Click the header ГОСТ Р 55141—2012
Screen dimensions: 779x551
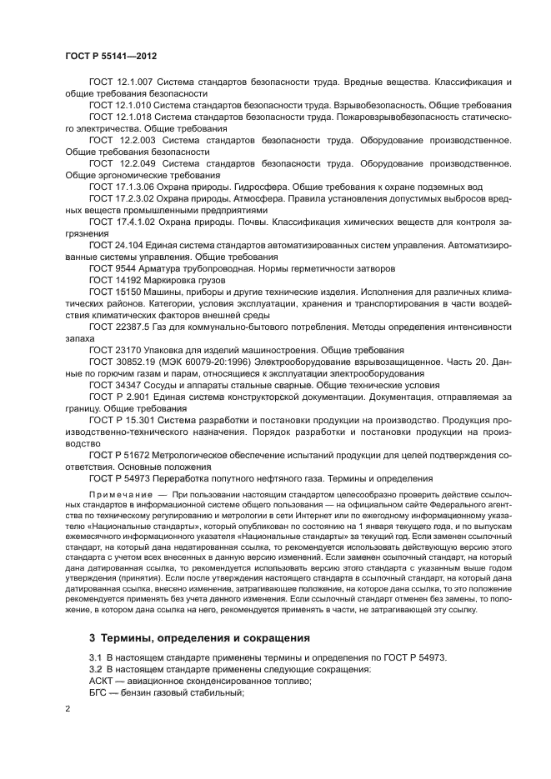tap(111, 56)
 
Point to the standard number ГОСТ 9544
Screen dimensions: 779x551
tap(113, 269)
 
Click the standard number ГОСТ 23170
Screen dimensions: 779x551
tap(115, 350)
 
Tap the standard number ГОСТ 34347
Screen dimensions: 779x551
tap(115, 385)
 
